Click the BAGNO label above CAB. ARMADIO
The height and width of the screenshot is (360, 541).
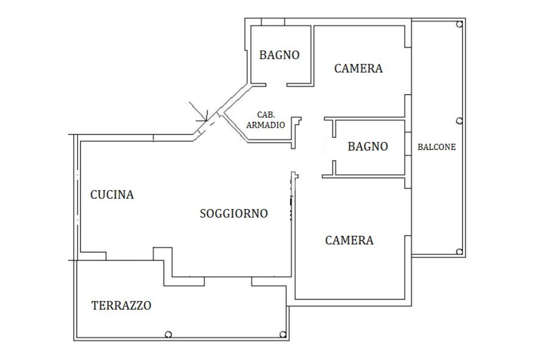pos(279,55)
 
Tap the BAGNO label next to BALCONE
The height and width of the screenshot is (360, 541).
pos(368,147)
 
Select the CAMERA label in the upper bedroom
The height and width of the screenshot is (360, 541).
pos(358,68)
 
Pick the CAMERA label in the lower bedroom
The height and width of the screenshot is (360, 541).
pos(349,241)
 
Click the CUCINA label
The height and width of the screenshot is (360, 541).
pos(112,195)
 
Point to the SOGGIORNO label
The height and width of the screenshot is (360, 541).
pos(234,214)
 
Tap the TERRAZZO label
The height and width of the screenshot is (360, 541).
pos(122,305)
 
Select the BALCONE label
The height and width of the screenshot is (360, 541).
pos(436,147)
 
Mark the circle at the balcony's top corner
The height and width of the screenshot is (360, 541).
pos(460,24)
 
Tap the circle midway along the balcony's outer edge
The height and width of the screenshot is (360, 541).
pos(460,121)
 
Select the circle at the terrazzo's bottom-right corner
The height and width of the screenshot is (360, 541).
pos(283,334)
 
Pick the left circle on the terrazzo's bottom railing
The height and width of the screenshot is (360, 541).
pos(168,334)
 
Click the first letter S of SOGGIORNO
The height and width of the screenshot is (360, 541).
pos(203,214)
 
